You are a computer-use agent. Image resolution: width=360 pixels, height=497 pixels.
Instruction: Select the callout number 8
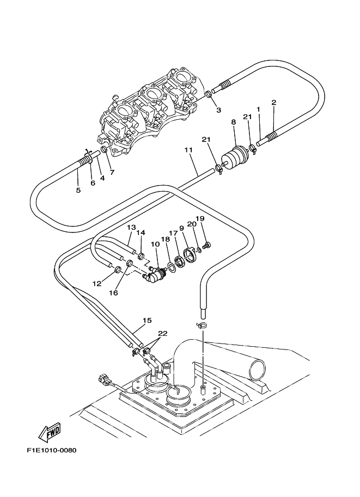coord(233,123)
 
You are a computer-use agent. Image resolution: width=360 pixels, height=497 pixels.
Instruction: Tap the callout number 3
coord(218,110)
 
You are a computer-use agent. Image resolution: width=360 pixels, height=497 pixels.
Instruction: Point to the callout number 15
coord(147,321)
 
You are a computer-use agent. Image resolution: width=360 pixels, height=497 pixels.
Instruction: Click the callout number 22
coord(163,334)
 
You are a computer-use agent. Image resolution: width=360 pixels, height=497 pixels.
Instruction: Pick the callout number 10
coord(155,244)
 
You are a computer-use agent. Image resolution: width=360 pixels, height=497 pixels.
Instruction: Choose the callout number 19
coord(200,218)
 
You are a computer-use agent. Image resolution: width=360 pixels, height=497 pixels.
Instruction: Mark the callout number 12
coord(97,284)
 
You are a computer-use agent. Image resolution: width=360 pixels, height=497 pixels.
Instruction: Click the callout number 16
coord(113,292)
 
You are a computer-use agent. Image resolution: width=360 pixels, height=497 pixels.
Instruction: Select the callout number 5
coord(78,190)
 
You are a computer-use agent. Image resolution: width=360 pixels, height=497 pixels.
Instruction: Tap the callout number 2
coord(273,102)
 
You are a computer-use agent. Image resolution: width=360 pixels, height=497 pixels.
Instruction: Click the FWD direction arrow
coord(49,433)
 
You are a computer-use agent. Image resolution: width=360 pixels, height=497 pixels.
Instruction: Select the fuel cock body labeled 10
coord(154,276)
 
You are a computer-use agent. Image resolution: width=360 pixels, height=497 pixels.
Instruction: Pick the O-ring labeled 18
coord(171,266)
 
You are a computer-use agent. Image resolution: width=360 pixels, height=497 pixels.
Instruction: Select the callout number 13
coord(131,227)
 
